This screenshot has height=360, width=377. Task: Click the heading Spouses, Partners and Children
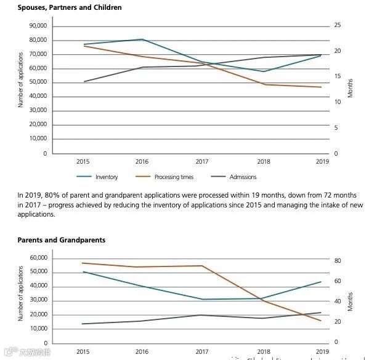pos(70,7)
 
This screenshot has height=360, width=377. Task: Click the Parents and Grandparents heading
pos(62,240)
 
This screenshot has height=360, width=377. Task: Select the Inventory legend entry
pos(106,177)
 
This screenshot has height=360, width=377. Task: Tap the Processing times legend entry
pos(174,177)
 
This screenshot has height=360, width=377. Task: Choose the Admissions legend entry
pos(243,177)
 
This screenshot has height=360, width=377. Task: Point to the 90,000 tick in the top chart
pos(38,26)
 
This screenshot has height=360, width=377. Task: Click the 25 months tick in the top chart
pos(338,26)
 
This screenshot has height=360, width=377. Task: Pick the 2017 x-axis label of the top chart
pos(202,162)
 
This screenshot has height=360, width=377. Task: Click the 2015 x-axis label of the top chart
pos(83,162)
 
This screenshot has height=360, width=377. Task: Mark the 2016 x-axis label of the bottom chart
pos(142,351)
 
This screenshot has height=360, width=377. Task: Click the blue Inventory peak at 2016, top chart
pos(142,39)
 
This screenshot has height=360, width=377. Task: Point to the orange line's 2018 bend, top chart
pos(263,84)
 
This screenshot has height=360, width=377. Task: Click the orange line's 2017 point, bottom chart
pos(202,266)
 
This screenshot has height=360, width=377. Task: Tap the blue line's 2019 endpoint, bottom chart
pos(321,282)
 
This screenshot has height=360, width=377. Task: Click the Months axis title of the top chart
pos(350,88)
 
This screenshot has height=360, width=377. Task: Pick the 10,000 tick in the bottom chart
pos(38,329)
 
